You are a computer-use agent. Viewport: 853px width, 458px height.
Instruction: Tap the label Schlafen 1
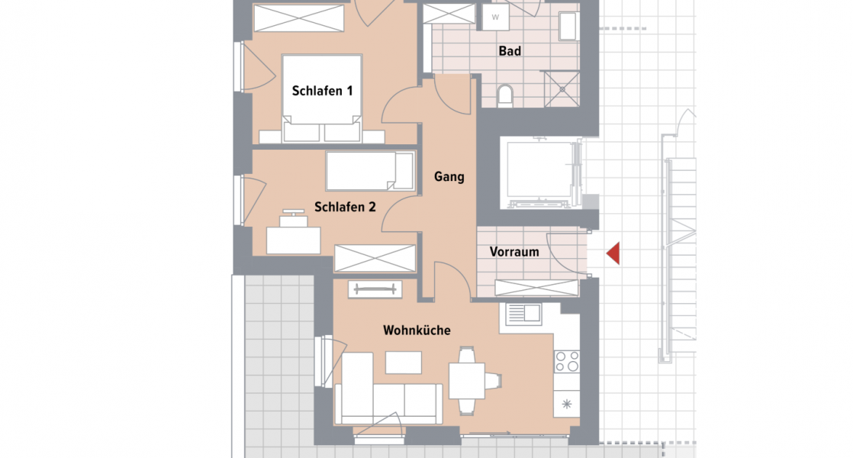click(x=322, y=91)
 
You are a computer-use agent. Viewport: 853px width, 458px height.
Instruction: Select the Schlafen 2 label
click(x=345, y=206)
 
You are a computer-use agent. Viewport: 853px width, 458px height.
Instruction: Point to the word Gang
click(x=449, y=176)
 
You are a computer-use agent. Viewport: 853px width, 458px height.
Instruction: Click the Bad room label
click(x=510, y=51)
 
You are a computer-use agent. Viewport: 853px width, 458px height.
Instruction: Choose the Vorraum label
click(x=514, y=252)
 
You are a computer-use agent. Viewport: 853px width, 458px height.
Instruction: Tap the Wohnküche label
click(x=417, y=331)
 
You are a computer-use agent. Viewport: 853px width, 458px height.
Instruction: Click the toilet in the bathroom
click(x=504, y=95)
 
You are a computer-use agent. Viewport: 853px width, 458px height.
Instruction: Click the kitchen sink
click(x=522, y=312)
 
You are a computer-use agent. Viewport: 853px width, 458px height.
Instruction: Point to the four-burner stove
click(x=566, y=361)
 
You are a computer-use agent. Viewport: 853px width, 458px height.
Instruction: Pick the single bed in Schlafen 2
click(x=369, y=171)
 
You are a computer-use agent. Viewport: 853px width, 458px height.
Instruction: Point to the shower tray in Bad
click(x=563, y=89)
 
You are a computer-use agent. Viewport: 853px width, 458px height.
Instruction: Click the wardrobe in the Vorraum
click(x=536, y=288)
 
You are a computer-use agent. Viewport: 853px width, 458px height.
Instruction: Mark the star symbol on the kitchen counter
click(x=566, y=404)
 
